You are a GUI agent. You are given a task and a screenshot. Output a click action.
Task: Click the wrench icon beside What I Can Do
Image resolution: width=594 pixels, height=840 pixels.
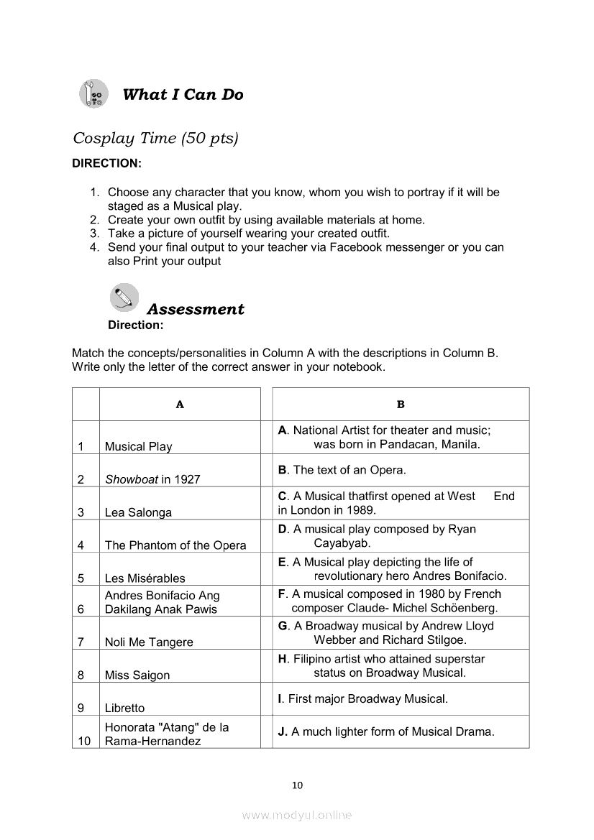(93, 94)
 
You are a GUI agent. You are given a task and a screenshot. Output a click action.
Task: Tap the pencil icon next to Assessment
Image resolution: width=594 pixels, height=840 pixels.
(124, 297)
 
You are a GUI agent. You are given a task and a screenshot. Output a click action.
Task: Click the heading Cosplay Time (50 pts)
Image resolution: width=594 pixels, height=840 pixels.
(155, 138)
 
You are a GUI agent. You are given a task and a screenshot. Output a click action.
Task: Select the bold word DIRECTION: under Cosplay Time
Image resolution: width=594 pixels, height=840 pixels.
(106, 163)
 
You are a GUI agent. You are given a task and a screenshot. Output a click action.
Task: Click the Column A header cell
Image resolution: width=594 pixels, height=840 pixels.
(180, 405)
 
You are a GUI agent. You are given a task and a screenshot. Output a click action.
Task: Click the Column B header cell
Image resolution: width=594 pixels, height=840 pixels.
(401, 405)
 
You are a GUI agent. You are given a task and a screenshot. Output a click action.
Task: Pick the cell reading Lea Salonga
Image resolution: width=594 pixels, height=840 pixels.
(138, 512)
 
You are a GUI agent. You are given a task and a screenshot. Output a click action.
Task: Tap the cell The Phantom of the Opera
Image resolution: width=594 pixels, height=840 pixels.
(175, 545)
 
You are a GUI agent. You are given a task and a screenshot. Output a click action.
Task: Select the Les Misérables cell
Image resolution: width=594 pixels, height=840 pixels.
(145, 578)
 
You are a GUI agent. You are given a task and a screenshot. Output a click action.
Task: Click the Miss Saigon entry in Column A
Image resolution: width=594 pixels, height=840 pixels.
(137, 675)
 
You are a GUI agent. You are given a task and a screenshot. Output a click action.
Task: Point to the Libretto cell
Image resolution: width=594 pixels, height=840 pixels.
(124, 709)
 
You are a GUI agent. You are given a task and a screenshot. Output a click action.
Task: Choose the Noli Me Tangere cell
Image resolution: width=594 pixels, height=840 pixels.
(149, 642)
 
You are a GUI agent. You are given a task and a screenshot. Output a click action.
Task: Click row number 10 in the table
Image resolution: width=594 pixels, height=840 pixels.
(85, 741)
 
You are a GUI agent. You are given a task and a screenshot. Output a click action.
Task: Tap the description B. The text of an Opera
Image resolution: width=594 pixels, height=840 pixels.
(342, 471)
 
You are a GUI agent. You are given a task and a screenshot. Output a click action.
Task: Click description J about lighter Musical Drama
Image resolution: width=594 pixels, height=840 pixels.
(386, 732)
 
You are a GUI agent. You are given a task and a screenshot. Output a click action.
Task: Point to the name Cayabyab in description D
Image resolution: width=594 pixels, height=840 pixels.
(342, 543)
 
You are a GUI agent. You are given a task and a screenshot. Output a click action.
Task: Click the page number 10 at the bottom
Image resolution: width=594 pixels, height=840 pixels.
(297, 785)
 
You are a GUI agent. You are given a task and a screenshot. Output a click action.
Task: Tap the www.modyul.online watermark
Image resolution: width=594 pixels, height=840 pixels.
(297, 816)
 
